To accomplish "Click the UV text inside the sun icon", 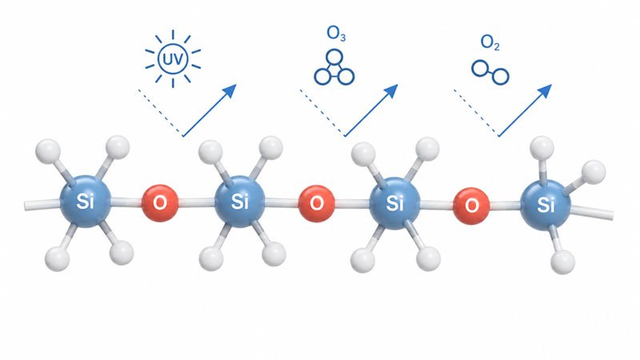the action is click(x=173, y=59).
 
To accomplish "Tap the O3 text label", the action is click(x=336, y=34).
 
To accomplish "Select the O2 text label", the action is click(x=490, y=42).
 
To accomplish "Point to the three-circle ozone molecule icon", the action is click(x=334, y=67).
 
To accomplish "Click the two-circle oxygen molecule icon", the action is click(x=490, y=73).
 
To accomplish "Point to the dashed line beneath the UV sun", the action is click(x=161, y=112).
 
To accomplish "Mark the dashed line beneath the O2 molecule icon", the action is click(x=476, y=113).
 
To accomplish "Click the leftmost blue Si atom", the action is click(x=86, y=201).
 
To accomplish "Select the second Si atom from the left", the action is click(x=240, y=201).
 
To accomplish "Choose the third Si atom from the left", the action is click(x=394, y=203).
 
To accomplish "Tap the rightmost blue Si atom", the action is click(x=546, y=206).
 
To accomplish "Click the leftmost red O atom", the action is click(x=159, y=203).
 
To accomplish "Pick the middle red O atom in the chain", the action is click(x=316, y=204).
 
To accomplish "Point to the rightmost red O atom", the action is click(x=471, y=206).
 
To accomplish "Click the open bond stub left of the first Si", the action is click(x=42, y=205).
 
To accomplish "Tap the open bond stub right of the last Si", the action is click(x=591, y=212).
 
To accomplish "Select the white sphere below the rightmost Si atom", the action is click(x=563, y=262).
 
